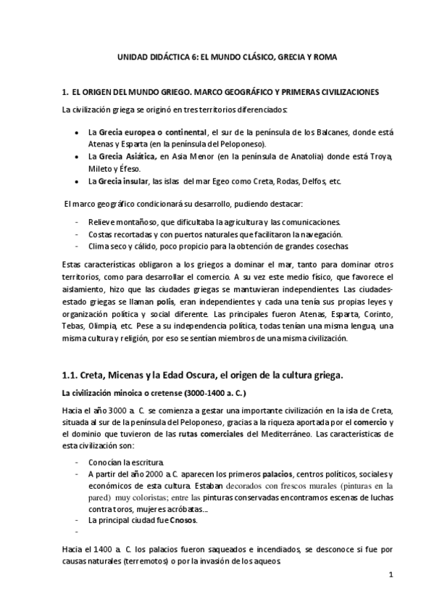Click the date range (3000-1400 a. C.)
click(x=212, y=393)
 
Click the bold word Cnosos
click(x=181, y=520)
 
